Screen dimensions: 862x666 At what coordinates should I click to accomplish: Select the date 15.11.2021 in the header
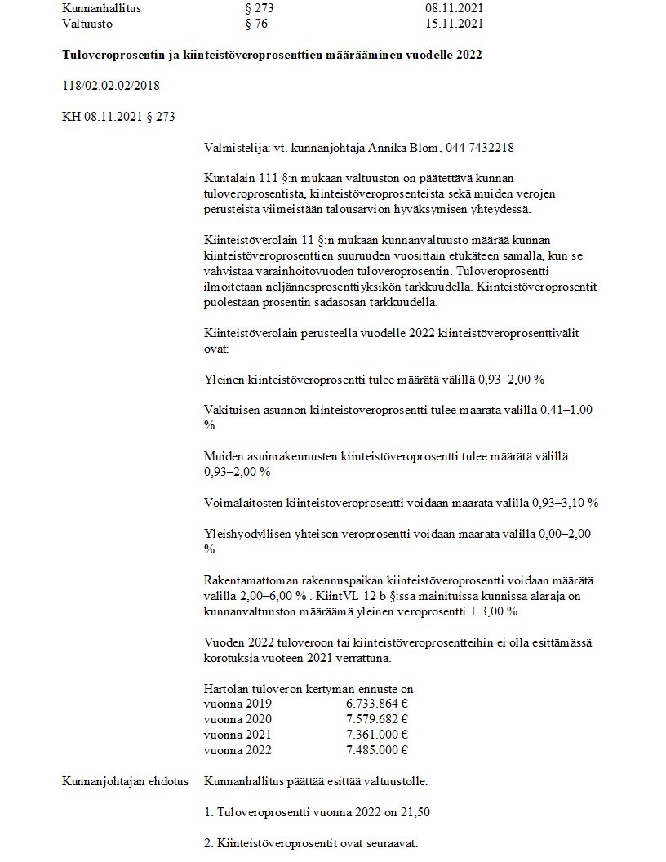point(455,23)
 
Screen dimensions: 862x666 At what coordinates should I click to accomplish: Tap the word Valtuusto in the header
point(87,23)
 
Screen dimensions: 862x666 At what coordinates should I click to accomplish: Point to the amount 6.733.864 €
point(377,703)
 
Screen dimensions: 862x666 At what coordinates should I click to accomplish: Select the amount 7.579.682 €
point(377,718)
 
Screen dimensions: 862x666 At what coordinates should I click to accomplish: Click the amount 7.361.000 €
point(377,735)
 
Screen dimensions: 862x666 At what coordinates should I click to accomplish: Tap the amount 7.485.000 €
point(377,750)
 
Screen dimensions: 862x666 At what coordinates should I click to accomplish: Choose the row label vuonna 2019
point(238,703)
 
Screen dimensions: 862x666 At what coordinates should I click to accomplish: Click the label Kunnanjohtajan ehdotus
point(125,781)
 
